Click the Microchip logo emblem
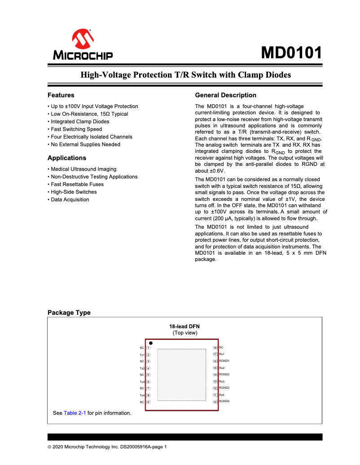pyautogui.click(x=83, y=39)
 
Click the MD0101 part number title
pyautogui.click(x=292, y=53)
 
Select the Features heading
pyautogui.click(x=61, y=95)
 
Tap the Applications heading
pyautogui.click(x=67, y=158)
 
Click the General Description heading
pyautogui.click(x=226, y=95)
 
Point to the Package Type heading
pyautogui.click(x=69, y=313)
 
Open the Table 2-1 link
pyautogui.click(x=75, y=413)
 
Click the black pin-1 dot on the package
pyautogui.click(x=151, y=343)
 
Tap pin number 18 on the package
pyautogui.click(x=215, y=348)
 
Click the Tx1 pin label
pyautogui.click(x=142, y=355)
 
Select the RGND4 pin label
pyautogui.click(x=224, y=401)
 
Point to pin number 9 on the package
pyautogui.click(x=148, y=402)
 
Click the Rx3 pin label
pyautogui.click(x=222, y=381)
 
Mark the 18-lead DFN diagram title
pyautogui.click(x=184, y=326)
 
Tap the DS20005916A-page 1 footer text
pyautogui.click(x=143, y=447)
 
